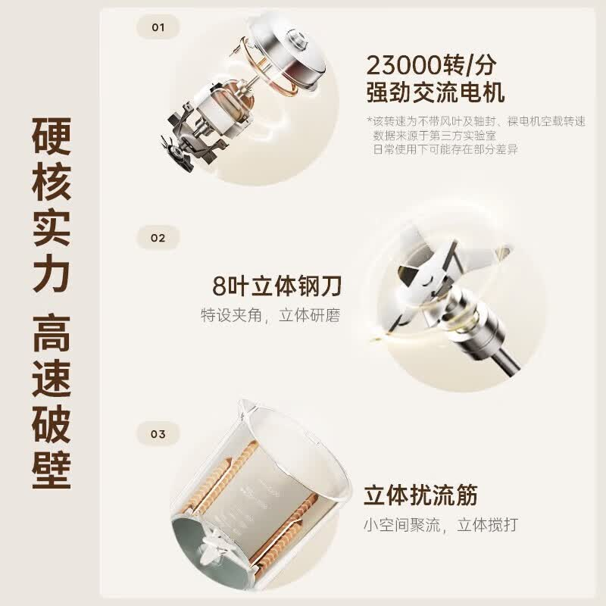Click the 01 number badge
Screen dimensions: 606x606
[x=158, y=27]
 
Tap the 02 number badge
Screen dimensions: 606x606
[x=158, y=238]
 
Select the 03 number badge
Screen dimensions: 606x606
[x=158, y=434]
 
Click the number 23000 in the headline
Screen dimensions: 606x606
[x=405, y=65]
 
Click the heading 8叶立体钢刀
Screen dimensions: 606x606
[x=276, y=286]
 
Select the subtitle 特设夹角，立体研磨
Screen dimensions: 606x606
[x=270, y=315]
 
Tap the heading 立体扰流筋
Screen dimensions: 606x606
[x=421, y=495]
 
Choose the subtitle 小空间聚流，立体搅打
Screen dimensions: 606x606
[x=441, y=525]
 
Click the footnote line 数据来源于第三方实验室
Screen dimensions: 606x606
[x=434, y=136]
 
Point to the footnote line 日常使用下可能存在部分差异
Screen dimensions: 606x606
[x=445, y=148]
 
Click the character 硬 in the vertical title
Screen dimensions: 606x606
[x=52, y=136]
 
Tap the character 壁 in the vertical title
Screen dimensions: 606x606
[x=52, y=470]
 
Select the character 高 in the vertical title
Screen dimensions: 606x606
[x=52, y=333]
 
